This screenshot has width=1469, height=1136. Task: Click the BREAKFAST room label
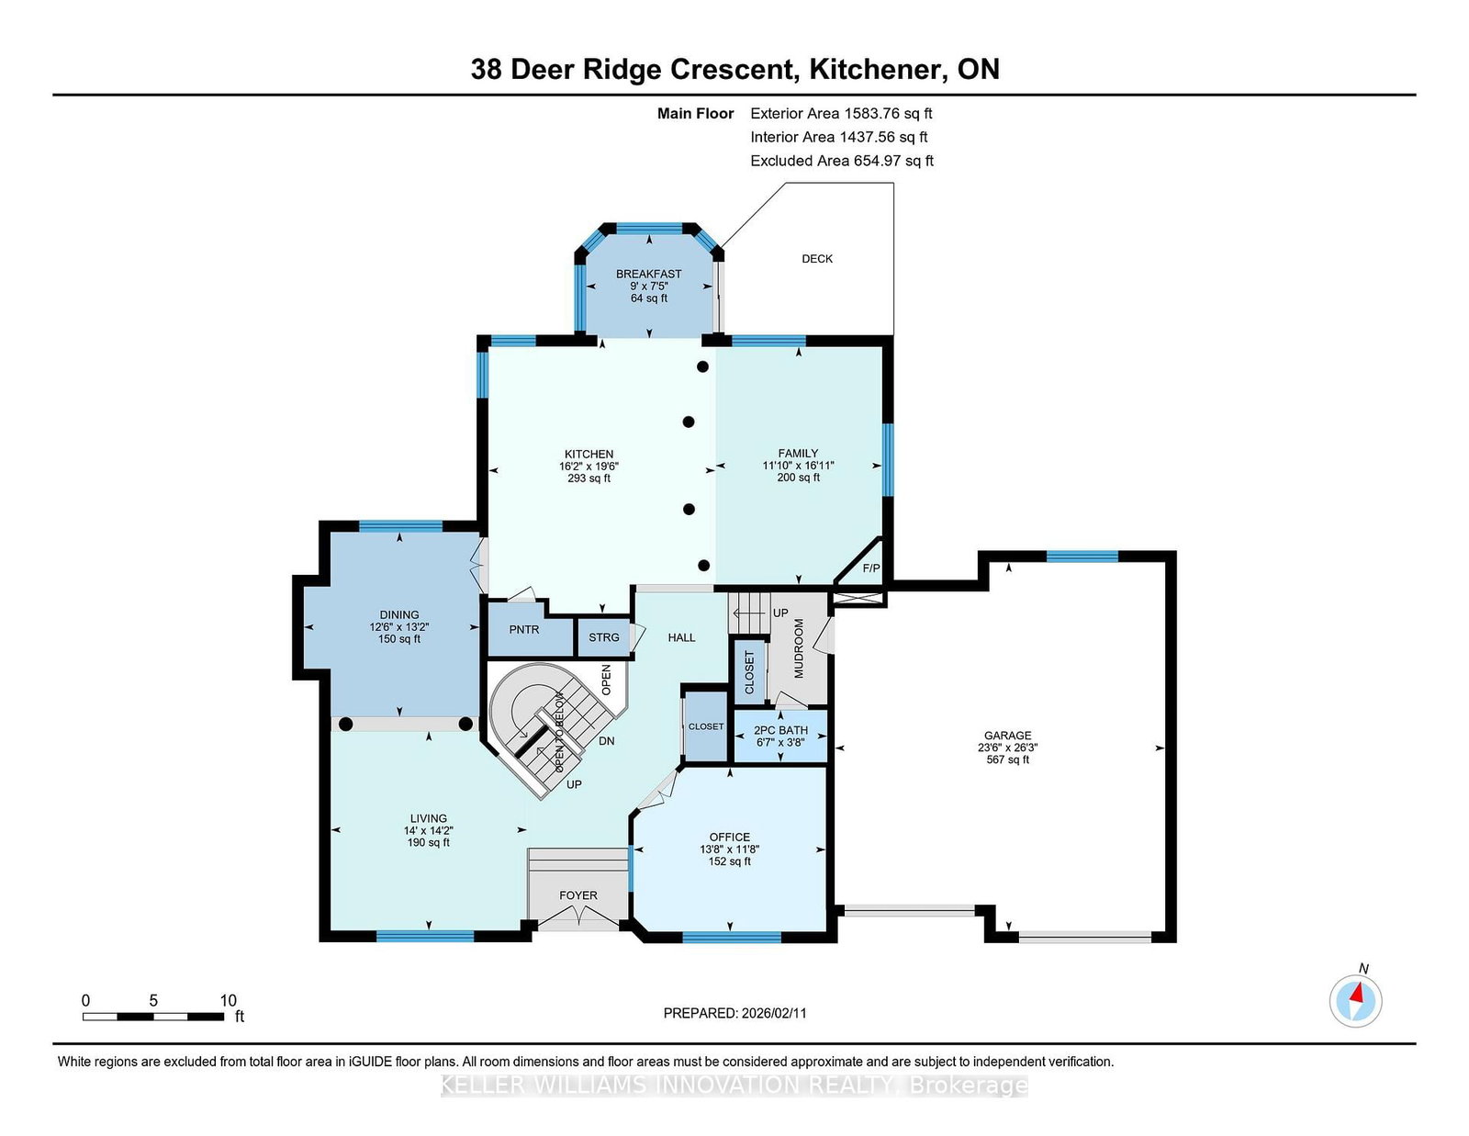click(x=648, y=274)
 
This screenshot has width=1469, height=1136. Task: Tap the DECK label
click(x=817, y=259)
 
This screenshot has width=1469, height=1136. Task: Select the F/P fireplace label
click(x=870, y=568)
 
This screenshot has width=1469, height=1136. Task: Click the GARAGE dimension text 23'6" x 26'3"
click(x=1007, y=748)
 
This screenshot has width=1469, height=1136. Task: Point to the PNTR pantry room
click(x=524, y=630)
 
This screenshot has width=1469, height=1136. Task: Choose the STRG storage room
click(x=603, y=637)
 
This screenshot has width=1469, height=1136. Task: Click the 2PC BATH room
click(x=780, y=736)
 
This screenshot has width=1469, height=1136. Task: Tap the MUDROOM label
click(x=798, y=648)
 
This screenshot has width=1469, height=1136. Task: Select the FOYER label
click(x=578, y=895)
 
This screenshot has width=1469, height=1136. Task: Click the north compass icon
click(x=1355, y=1000)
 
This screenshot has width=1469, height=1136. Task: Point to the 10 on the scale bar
click(x=228, y=1000)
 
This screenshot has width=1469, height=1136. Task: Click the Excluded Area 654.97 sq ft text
click(x=841, y=161)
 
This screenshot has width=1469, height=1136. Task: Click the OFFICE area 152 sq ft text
click(x=729, y=861)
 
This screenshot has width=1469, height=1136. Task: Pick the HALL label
click(x=681, y=637)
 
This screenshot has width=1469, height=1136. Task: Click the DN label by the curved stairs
click(x=606, y=741)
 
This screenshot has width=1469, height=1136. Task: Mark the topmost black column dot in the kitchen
click(x=702, y=366)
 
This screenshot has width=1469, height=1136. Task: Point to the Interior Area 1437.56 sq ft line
click(x=838, y=137)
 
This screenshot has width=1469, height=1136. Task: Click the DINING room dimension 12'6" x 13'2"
click(x=398, y=627)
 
